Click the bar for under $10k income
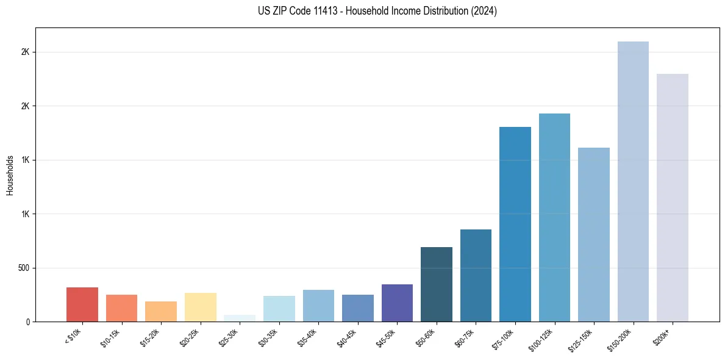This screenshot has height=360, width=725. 82,304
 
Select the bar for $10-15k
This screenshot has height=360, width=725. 121,308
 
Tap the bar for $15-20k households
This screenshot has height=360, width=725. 161,311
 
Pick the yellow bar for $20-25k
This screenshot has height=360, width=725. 201,307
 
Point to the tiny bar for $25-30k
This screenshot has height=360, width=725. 240,319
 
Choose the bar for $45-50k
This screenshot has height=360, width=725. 397,303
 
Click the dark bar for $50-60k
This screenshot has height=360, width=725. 437,284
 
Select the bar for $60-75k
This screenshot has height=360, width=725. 476,275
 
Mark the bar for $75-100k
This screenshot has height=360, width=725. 515,224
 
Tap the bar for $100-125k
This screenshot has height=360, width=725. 554,217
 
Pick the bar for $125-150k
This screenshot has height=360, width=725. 594,234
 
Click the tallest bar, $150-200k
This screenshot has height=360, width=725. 633,181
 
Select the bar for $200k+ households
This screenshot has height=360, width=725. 673,198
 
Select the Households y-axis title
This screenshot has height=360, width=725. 10,175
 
